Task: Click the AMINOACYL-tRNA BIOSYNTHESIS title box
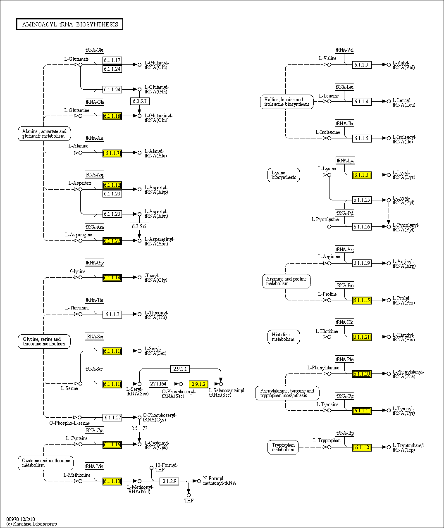tap(70, 24)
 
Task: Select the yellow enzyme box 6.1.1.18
tap(112, 116)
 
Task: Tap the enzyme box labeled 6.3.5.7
tap(139, 101)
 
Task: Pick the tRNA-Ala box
tap(94, 138)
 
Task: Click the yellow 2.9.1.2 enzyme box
tap(198, 384)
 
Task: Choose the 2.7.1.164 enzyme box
tap(158, 384)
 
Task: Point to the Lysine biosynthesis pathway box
tap(284, 175)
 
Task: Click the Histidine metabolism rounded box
tap(283, 337)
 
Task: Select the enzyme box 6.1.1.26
tap(362, 226)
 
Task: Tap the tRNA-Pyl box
tap(344, 213)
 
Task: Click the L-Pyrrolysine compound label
tap(325, 219)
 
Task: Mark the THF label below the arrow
tap(189, 501)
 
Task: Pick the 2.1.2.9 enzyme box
tap(169, 481)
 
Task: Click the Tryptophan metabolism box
tap(283, 447)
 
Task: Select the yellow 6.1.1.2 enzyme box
tap(362, 447)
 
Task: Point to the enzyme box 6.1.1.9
tap(362, 65)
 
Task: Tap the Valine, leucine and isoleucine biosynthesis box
tap(286, 102)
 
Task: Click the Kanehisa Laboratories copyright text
tap(32, 524)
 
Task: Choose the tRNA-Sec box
tap(94, 369)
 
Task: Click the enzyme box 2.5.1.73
tap(139, 428)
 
